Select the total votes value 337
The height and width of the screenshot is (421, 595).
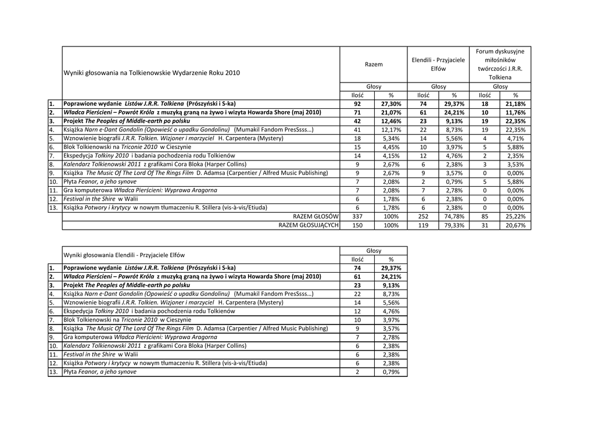(357, 216)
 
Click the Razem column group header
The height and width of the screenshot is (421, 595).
(374, 64)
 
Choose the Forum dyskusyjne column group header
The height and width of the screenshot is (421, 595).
(500, 64)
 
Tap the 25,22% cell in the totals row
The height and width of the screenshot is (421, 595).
(515, 216)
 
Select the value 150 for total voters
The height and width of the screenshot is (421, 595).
(357, 225)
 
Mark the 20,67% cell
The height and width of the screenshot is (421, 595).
(515, 225)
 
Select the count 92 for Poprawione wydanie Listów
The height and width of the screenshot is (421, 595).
(357, 104)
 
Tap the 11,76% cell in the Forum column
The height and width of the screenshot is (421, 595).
(515, 112)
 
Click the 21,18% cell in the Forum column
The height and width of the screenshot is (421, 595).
(515, 104)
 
